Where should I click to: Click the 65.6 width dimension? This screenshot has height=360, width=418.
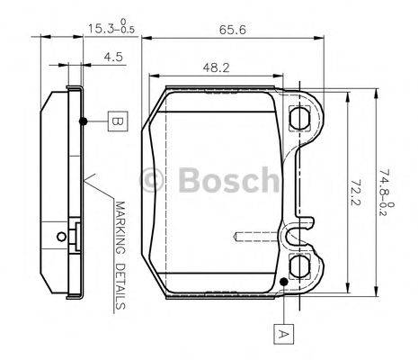click(x=232, y=29)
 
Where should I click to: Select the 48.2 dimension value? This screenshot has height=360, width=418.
click(x=213, y=67)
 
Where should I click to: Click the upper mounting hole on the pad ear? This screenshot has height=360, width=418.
click(x=299, y=117)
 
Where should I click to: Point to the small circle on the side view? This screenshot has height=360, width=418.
click(x=60, y=238)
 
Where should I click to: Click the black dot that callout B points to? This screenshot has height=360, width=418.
click(x=82, y=120)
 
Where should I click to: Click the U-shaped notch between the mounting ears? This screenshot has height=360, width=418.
click(x=293, y=238)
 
